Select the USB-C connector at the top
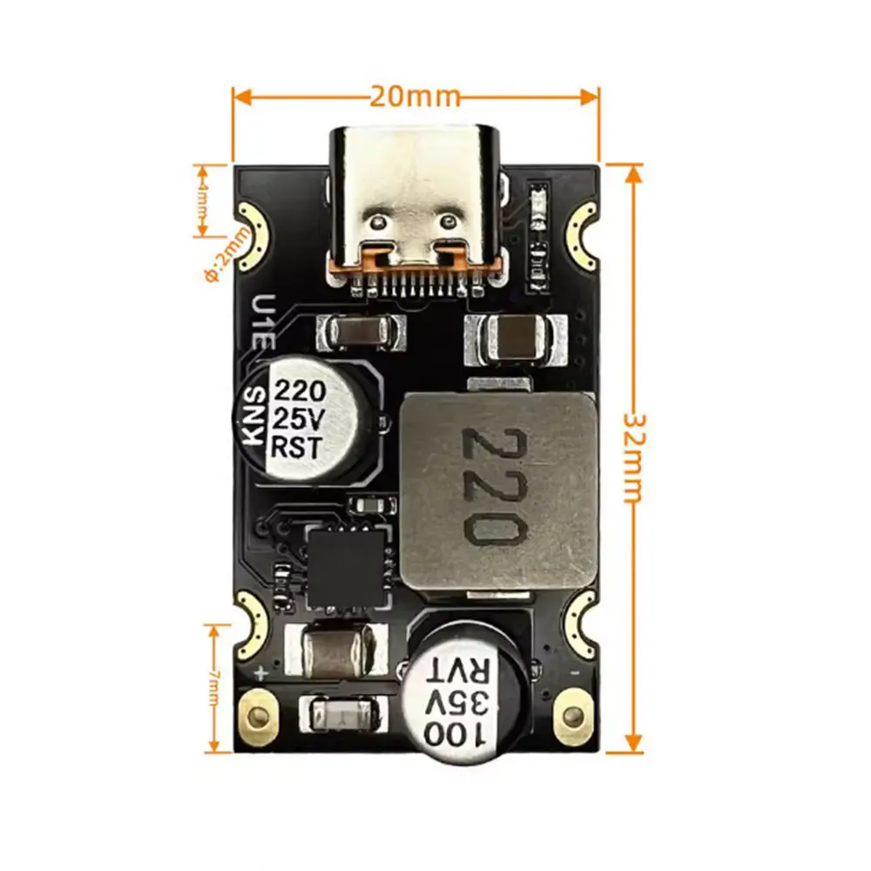click(415, 205)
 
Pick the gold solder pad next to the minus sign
click(572, 716)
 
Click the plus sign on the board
click(259, 672)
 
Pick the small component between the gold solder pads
click(340, 716)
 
